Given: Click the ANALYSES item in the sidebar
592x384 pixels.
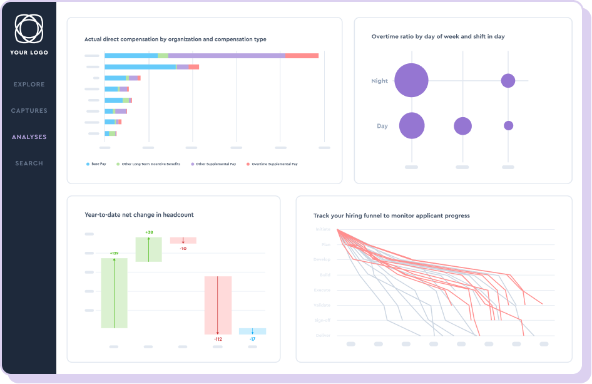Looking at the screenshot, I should (x=29, y=137).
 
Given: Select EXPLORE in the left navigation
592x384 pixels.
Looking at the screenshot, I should (x=29, y=85).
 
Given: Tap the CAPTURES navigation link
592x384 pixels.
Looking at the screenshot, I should (x=29, y=111).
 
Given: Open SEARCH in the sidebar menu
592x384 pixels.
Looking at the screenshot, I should (x=29, y=163).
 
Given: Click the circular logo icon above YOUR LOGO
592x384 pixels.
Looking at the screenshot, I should (x=29, y=28).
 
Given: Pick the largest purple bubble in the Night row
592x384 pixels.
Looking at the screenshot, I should (x=411, y=80).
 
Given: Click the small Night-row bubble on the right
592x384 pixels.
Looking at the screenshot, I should (x=508, y=80).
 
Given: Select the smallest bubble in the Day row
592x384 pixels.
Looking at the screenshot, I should (x=508, y=125).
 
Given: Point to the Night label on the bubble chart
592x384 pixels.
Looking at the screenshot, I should (x=379, y=81).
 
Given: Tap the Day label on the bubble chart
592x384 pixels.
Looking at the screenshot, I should (x=382, y=126).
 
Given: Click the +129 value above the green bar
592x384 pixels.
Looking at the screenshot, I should (x=114, y=254).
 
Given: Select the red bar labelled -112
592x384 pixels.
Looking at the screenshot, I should (x=218, y=305).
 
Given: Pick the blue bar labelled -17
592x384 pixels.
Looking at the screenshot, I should (x=252, y=331).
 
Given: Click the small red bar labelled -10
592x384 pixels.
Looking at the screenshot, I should (x=183, y=240).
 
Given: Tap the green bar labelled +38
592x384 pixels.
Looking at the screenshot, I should (x=149, y=249).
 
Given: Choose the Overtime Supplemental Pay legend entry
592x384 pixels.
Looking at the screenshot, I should (x=273, y=164).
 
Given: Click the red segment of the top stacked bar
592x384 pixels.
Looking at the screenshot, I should (x=302, y=56).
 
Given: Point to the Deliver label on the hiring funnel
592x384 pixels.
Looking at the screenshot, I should (x=322, y=335).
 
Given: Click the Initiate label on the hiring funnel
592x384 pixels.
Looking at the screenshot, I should (x=322, y=229).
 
